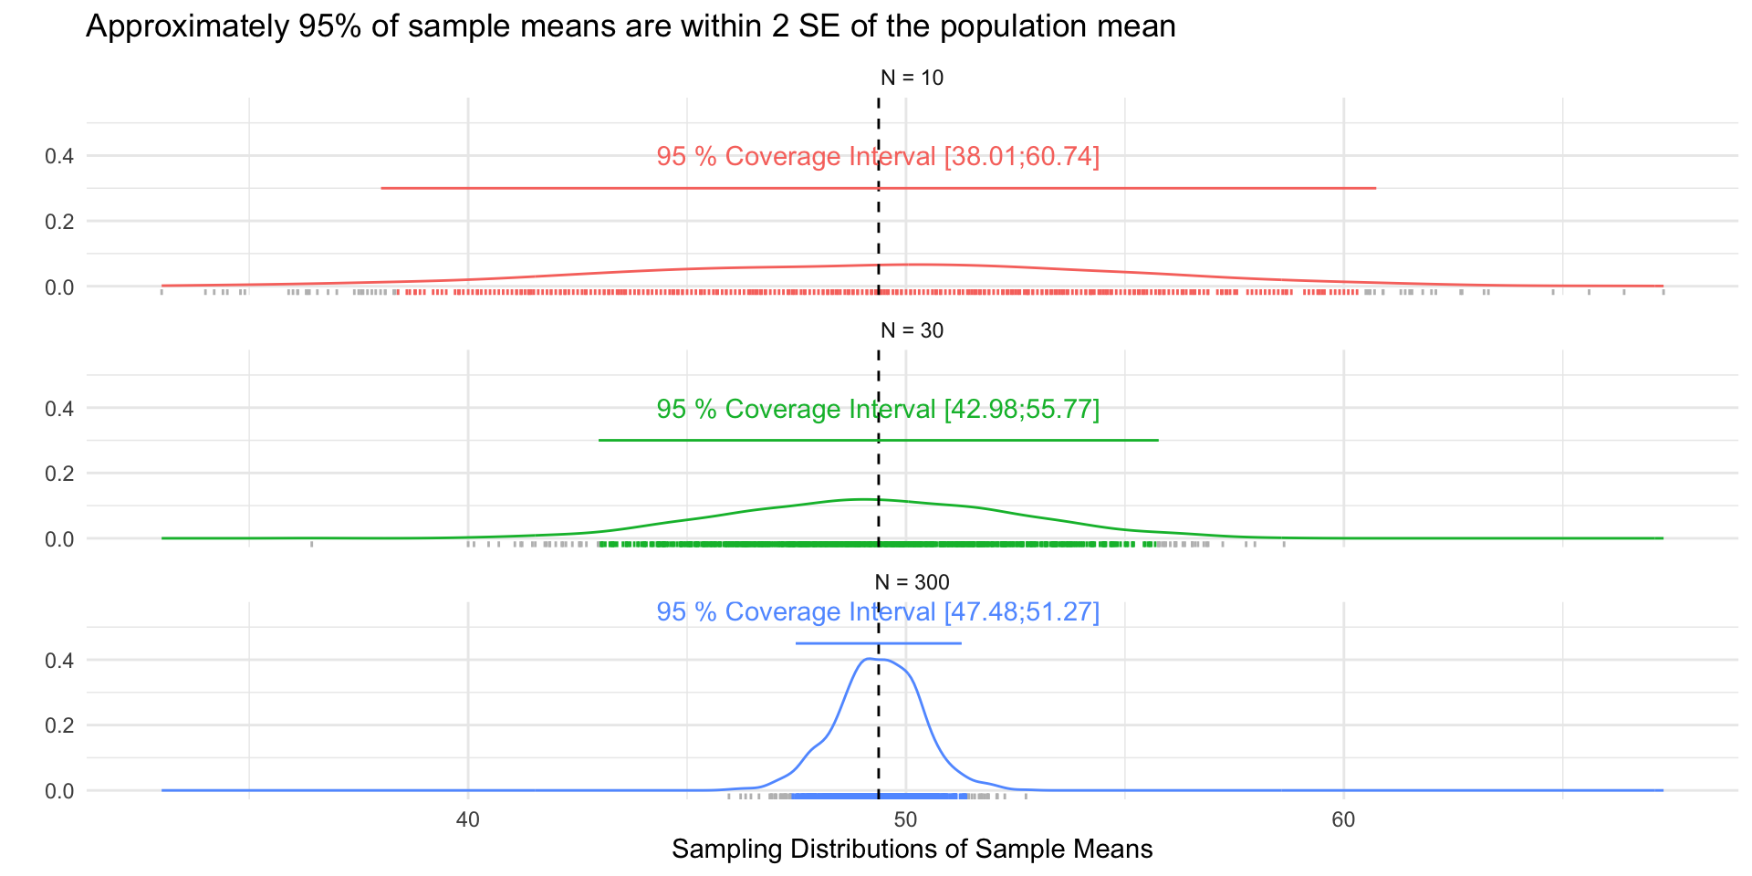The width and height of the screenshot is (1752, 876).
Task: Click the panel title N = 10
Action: pyautogui.click(x=912, y=78)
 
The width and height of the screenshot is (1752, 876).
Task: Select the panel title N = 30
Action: pyautogui.click(x=912, y=330)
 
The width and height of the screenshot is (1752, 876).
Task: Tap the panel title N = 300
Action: pyautogui.click(x=912, y=582)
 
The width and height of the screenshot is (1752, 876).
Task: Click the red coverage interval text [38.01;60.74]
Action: pyautogui.click(x=1021, y=157)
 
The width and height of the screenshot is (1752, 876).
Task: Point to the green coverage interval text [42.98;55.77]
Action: pyautogui.click(x=1021, y=409)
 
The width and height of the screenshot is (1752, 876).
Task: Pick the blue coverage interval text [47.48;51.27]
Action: pyautogui.click(x=1021, y=611)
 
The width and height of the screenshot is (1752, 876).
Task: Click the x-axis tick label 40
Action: pyautogui.click(x=467, y=819)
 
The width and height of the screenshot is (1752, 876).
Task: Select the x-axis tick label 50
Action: pyautogui.click(x=905, y=819)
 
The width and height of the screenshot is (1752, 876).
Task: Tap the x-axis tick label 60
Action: pyautogui.click(x=1343, y=819)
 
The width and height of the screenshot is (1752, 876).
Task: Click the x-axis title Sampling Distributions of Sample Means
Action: pyautogui.click(x=912, y=850)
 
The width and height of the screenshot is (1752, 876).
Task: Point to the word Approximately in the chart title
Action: pyautogui.click(x=187, y=27)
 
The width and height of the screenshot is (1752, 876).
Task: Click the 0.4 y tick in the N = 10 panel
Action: pyautogui.click(x=59, y=156)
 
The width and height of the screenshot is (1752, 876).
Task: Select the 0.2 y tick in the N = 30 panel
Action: pyautogui.click(x=59, y=474)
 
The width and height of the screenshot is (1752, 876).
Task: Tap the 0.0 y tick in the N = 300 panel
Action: pyautogui.click(x=59, y=791)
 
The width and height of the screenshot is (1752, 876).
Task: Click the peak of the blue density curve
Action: pyautogui.click(x=869, y=659)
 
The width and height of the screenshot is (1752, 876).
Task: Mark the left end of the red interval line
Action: pyautogui.click(x=382, y=188)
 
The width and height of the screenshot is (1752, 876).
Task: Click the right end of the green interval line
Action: pyautogui.click(x=1157, y=440)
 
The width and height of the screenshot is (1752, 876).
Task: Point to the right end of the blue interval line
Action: pyautogui.click(x=960, y=643)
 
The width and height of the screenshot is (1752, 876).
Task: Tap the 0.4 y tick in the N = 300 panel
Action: pyautogui.click(x=59, y=660)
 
